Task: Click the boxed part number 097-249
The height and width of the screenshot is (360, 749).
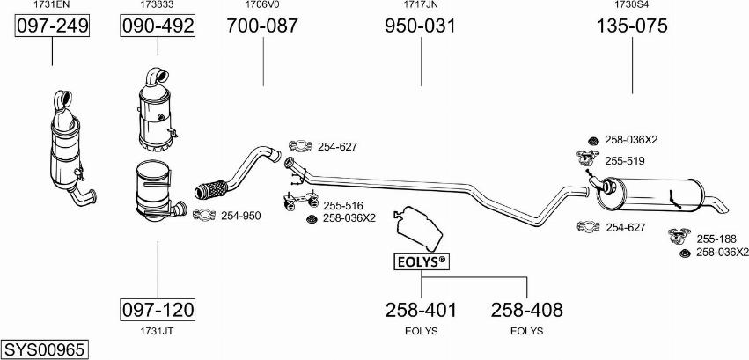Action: click(x=52, y=26)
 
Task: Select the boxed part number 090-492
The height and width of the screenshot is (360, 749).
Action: click(x=158, y=26)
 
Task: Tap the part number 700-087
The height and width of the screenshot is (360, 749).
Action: click(x=262, y=26)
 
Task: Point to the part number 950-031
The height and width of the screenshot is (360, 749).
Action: click(x=421, y=26)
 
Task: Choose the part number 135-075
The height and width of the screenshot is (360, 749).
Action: click(x=631, y=26)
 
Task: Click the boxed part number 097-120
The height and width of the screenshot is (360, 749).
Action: click(x=158, y=310)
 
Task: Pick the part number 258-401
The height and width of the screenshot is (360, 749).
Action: click(x=421, y=310)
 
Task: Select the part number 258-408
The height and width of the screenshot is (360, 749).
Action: click(x=527, y=310)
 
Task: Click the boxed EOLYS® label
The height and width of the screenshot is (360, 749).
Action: click(x=422, y=261)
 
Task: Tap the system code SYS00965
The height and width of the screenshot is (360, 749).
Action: click(x=46, y=349)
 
